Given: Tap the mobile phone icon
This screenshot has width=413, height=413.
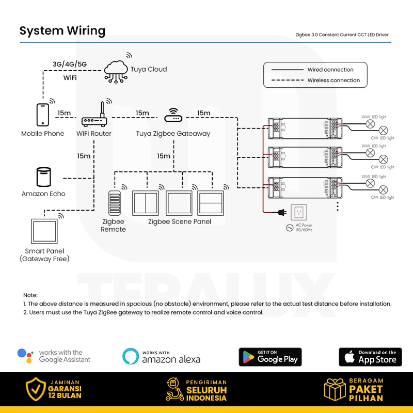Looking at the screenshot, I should click(x=42, y=114).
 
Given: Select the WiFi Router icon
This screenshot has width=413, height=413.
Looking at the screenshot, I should click(x=94, y=119).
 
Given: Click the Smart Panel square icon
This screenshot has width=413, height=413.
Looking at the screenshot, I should click(x=45, y=231).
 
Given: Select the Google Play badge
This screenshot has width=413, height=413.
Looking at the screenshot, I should click(x=270, y=357).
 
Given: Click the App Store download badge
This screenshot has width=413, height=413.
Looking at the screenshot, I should click(x=370, y=357).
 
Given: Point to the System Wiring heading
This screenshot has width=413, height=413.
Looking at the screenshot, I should click(x=62, y=31).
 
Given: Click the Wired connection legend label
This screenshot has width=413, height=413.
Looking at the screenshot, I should click(x=330, y=70).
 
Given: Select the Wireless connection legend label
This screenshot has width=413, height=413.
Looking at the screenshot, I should click(x=333, y=81).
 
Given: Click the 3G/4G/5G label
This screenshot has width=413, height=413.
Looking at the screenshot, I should click(x=70, y=64).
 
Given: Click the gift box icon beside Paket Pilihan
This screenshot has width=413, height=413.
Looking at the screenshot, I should click(x=335, y=390).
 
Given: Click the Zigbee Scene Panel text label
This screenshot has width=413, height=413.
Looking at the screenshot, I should click(x=180, y=222).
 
